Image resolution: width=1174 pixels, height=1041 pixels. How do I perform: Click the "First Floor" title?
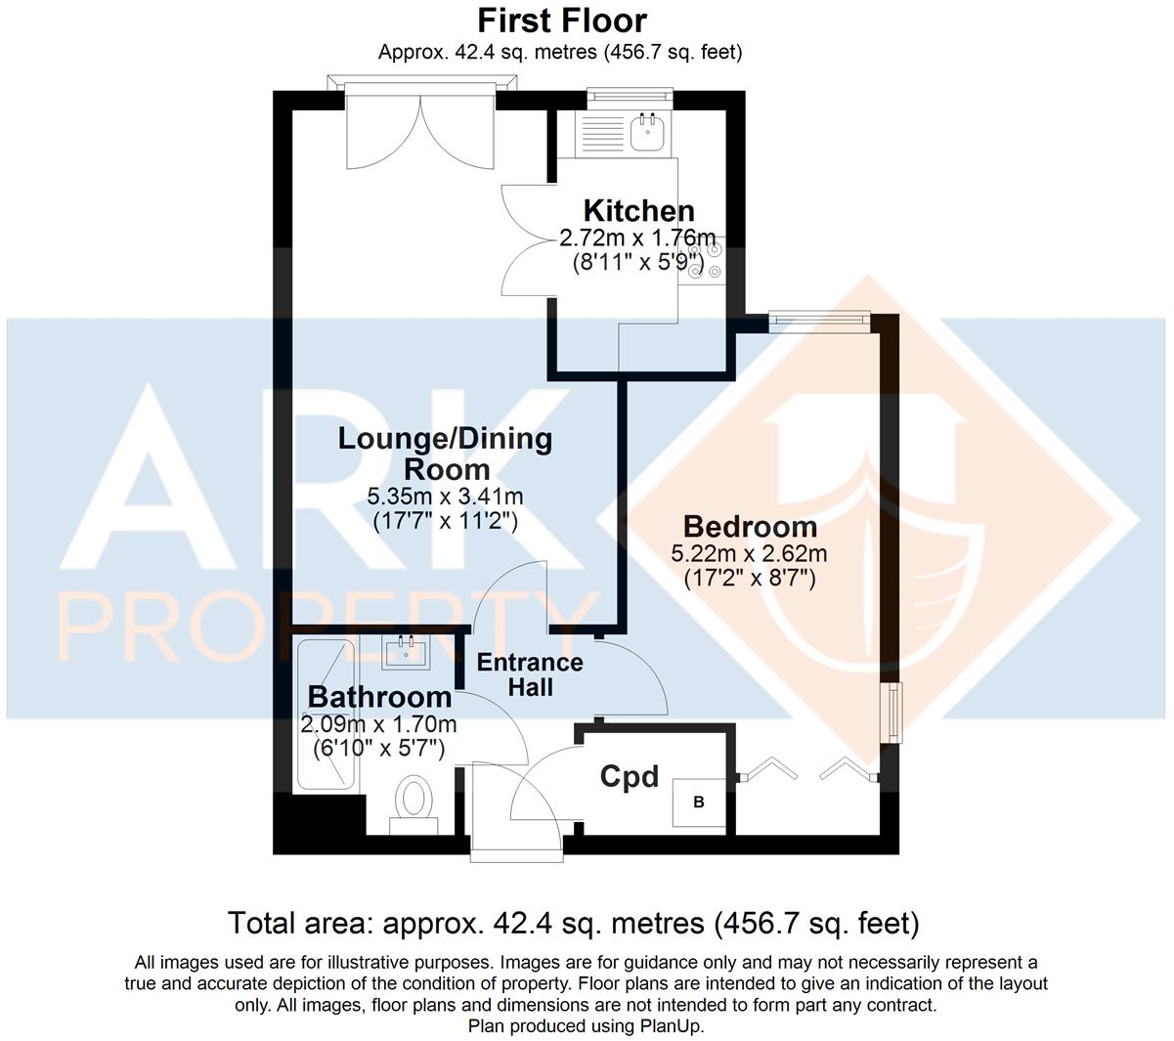562,21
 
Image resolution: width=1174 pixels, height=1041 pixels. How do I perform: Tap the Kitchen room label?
638,210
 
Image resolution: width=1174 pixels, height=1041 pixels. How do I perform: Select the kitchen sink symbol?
646,132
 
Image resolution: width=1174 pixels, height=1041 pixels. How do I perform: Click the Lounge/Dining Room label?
445,453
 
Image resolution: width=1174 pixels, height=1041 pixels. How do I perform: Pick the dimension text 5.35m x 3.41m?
445,497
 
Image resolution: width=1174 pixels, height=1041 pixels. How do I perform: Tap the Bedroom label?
750,526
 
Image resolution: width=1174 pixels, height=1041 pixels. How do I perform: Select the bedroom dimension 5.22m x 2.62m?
749,553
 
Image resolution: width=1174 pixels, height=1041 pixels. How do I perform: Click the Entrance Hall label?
530,674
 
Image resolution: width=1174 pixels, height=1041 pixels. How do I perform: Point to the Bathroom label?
379,697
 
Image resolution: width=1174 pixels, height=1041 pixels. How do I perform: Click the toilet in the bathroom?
414,802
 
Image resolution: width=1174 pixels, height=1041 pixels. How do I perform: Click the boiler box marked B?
699,802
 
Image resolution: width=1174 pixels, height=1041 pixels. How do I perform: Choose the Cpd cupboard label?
629,777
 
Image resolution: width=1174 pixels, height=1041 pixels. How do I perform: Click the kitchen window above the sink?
630,96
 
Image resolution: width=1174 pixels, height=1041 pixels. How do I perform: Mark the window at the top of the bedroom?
818,317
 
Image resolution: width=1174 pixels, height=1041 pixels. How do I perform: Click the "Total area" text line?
573,923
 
